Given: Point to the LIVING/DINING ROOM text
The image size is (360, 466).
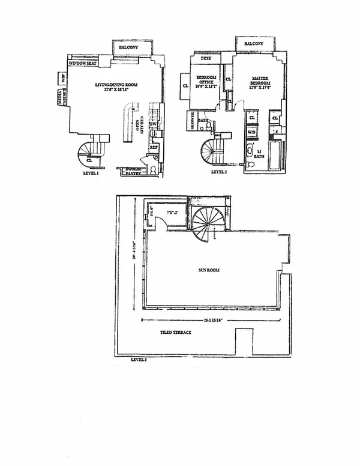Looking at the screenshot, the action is coord(116,86).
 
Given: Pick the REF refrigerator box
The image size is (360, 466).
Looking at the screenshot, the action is coord(153,147).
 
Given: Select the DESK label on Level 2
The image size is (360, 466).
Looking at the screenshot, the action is coord(206,59).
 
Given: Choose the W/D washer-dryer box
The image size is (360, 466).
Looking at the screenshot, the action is coord(252,132).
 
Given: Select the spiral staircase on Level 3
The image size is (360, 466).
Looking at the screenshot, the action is coord(207,222).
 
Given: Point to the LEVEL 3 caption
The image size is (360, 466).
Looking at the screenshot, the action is coord(139,360).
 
